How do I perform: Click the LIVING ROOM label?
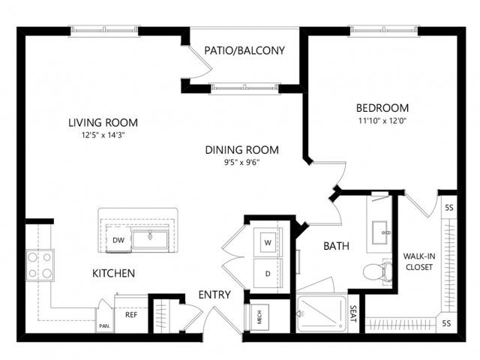point(103,122)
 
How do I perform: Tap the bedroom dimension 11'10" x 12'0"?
point(382,121)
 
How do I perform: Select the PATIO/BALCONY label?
point(244,50)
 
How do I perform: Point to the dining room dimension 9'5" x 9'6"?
point(241,162)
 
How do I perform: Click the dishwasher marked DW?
point(118,239)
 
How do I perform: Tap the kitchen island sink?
point(150,239)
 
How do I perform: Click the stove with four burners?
point(40,265)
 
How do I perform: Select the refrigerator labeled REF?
point(131,314)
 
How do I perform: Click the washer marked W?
point(268,242)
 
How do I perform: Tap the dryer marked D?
point(268,273)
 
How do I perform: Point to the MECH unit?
point(259,316)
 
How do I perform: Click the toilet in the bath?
point(377,271)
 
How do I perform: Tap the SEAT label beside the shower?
point(353,314)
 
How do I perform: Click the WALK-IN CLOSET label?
point(419,262)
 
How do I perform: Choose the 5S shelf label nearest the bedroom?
point(448,208)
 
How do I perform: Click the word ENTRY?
point(214,295)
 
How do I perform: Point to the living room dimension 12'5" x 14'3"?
point(103,135)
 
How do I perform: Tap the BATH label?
point(336,246)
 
